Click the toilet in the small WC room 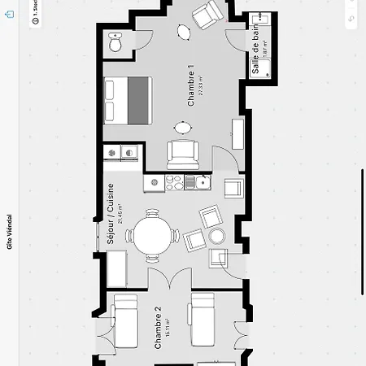[x=115, y=44]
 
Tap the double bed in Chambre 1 [x=127, y=99]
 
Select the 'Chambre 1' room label [x=191, y=86]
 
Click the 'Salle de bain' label [x=255, y=50]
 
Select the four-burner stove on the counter [x=173, y=183]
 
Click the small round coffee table [x=217, y=236]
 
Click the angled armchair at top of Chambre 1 [x=207, y=13]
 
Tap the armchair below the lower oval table [x=182, y=152]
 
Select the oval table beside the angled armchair [x=184, y=33]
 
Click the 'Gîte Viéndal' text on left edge [x=10, y=233]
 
